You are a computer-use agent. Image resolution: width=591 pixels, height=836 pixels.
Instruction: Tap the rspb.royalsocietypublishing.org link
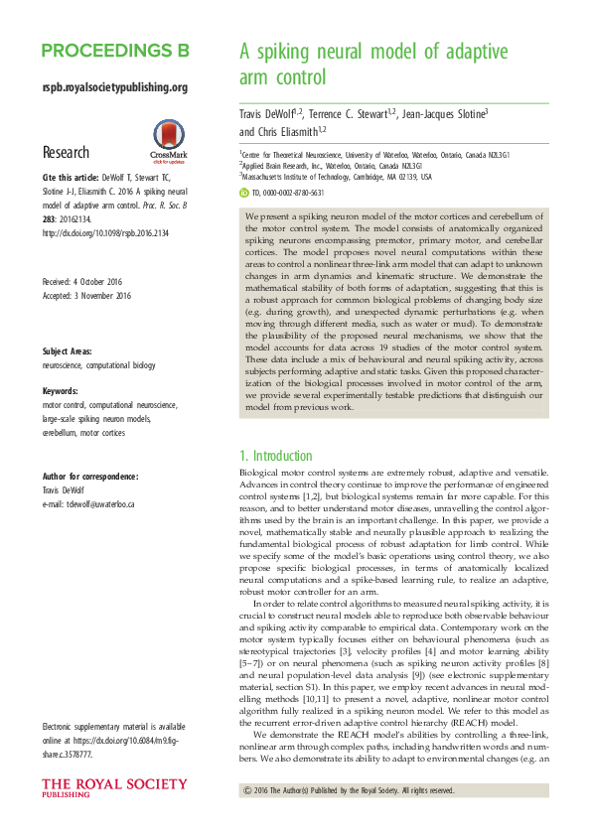pyautogui.click(x=115, y=87)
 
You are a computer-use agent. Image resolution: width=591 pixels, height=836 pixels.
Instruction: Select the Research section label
pyautogui.click(x=66, y=153)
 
